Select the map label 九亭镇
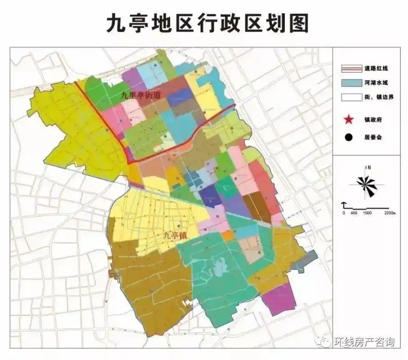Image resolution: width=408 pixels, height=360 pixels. point(174,235)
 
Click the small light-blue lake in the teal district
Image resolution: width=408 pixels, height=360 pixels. point(220,269)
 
